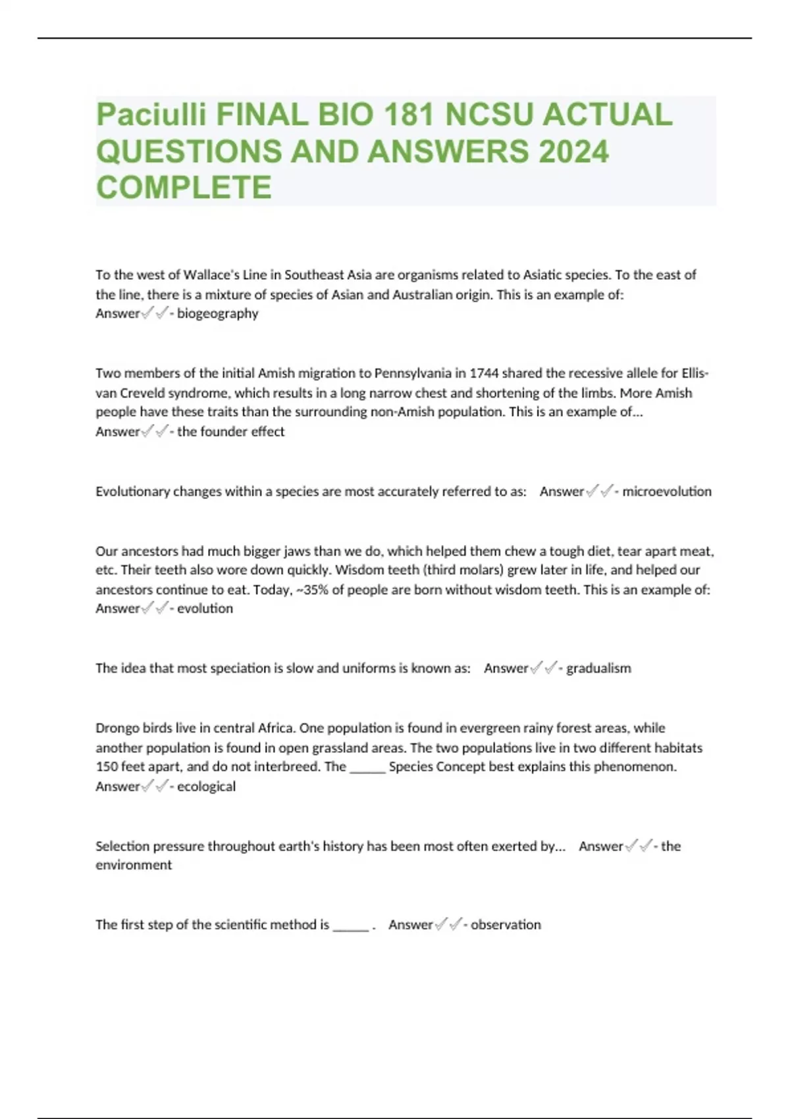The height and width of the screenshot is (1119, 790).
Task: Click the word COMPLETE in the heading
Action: tap(184, 188)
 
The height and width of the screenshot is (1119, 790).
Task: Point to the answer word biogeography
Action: tap(218, 313)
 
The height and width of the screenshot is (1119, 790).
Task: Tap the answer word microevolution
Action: tap(667, 491)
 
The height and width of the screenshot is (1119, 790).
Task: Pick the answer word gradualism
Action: tap(598, 668)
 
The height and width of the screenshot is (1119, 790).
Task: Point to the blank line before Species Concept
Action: tap(367, 767)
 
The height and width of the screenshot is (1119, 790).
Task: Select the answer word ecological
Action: tap(206, 786)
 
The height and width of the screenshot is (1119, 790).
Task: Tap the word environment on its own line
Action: tap(134, 865)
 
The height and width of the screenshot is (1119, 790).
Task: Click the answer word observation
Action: tap(506, 925)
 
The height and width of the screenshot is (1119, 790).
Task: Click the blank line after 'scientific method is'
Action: tap(351, 925)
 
